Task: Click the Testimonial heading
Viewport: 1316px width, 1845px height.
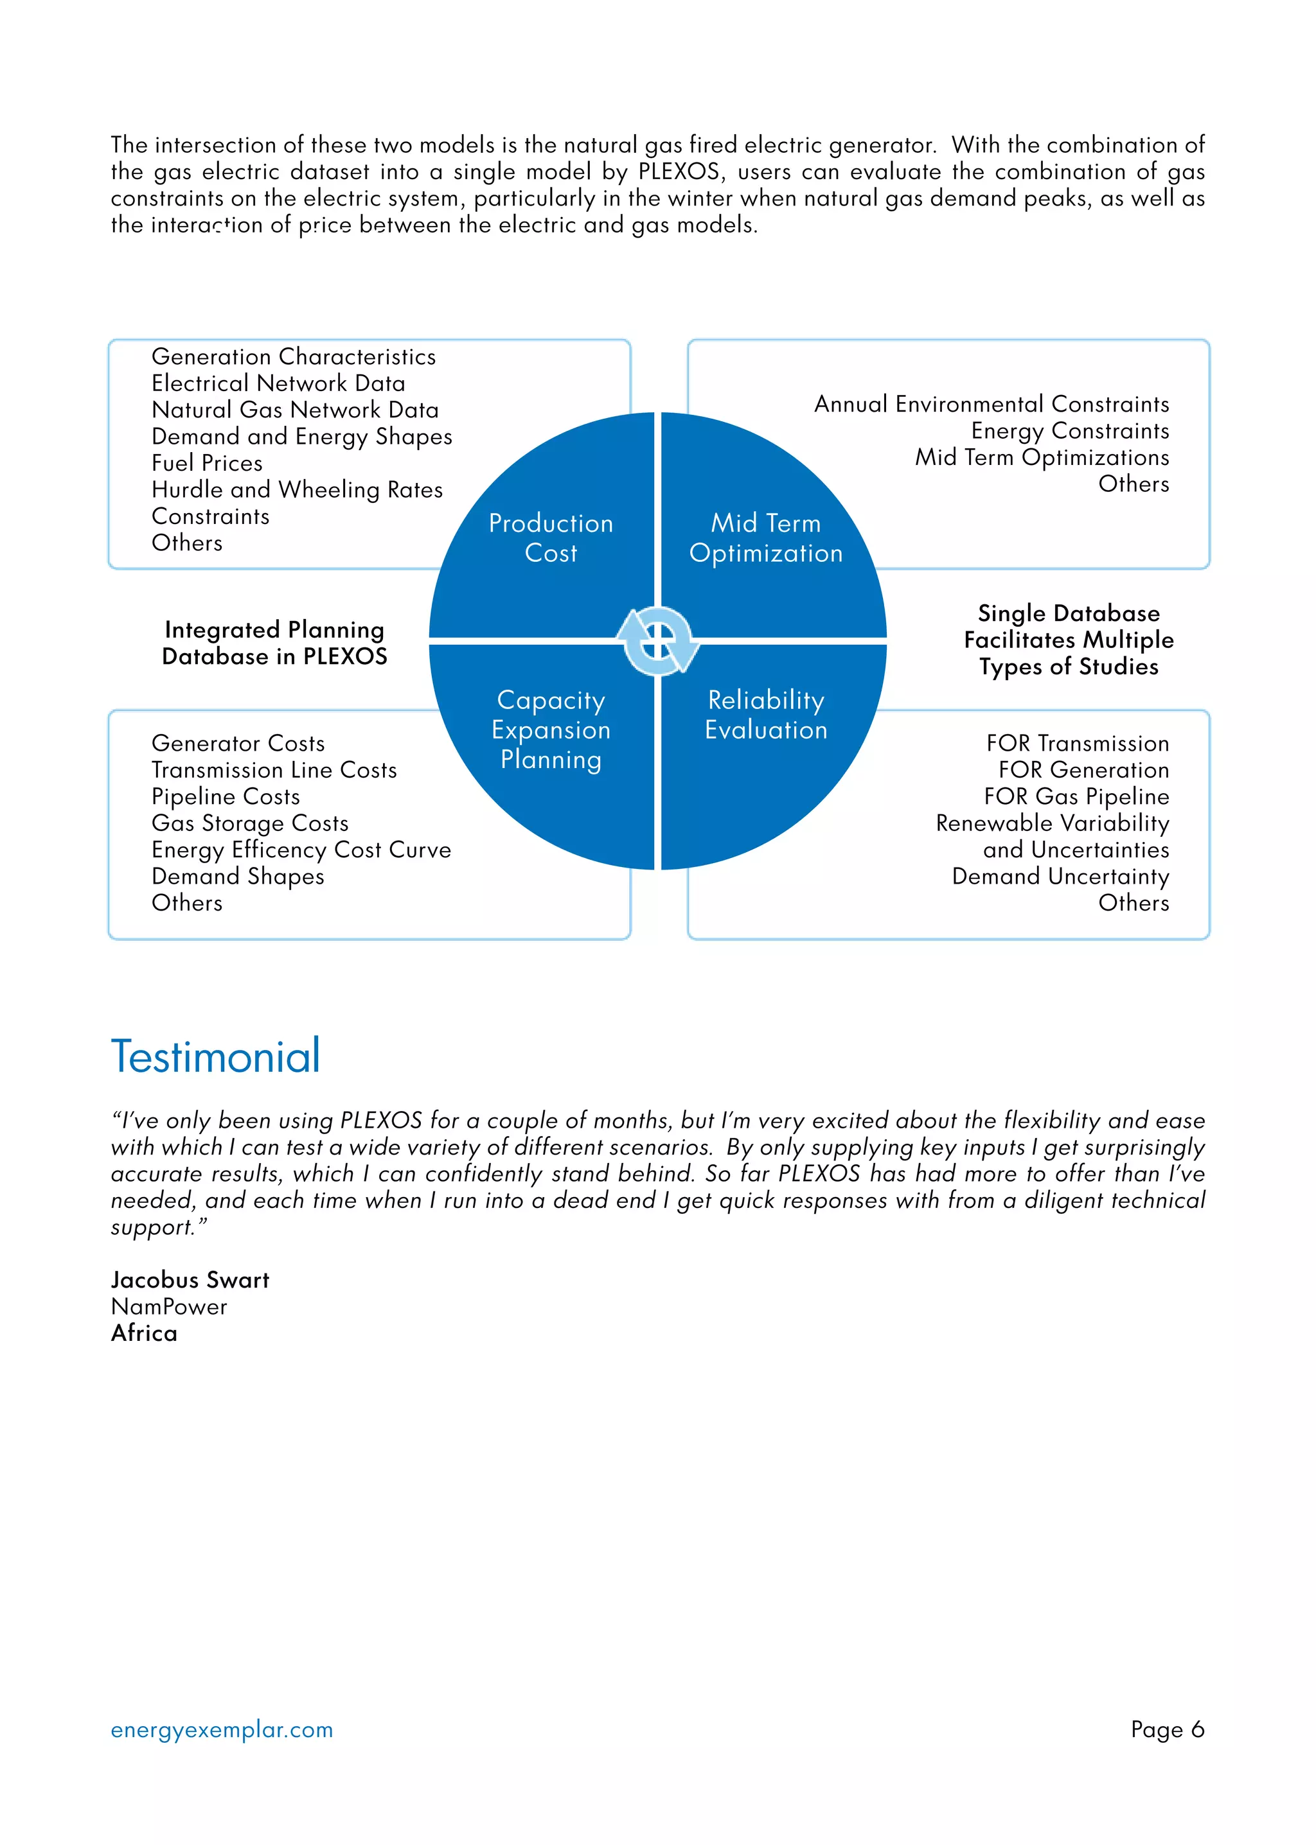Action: pyautogui.click(x=215, y=1057)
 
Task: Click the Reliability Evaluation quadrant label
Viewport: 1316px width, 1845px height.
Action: pyautogui.click(x=766, y=715)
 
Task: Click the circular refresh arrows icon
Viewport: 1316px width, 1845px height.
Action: pyautogui.click(x=658, y=642)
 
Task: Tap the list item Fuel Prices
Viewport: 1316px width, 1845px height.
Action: pyautogui.click(x=208, y=463)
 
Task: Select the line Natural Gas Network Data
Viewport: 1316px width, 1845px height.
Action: pyautogui.click(x=295, y=410)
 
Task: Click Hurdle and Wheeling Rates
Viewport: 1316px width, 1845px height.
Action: pyautogui.click(x=298, y=490)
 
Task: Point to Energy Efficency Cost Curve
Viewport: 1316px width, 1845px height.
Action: pyautogui.click(x=301, y=850)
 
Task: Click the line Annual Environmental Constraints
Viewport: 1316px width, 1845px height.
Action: pyautogui.click(x=992, y=404)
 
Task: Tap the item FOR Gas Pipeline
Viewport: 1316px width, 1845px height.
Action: pyautogui.click(x=1076, y=797)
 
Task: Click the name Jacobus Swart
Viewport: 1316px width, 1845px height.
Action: pyautogui.click(x=190, y=1280)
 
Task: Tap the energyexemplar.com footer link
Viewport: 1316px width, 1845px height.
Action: pyautogui.click(x=222, y=1729)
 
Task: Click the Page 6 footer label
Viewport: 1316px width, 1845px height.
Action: pyautogui.click(x=1167, y=1729)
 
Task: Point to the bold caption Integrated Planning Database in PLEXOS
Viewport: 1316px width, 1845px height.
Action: pyautogui.click(x=275, y=643)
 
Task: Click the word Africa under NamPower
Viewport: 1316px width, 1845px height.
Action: pyautogui.click(x=144, y=1333)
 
